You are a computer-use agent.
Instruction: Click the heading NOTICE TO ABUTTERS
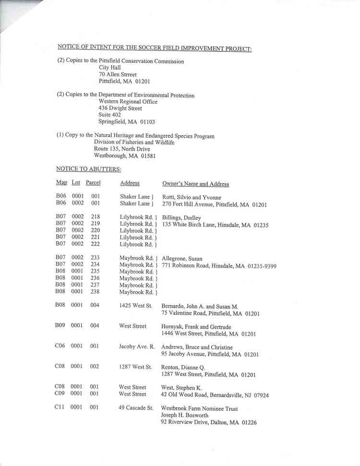[x=88, y=169]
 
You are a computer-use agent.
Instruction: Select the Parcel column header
[x=93, y=183]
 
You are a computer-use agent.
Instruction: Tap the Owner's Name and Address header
[x=195, y=183]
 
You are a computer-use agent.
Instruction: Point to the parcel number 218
[x=95, y=217]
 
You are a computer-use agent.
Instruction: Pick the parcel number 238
[x=95, y=291]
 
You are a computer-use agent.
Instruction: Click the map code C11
[x=59, y=407]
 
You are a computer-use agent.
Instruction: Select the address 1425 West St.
[x=135, y=305]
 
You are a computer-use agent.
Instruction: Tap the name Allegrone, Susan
[x=182, y=259]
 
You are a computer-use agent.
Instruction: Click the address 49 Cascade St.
[x=136, y=408]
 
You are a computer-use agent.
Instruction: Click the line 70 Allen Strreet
[x=118, y=74]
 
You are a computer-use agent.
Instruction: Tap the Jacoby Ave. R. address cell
[x=137, y=347]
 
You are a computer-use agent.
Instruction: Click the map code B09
[x=60, y=326]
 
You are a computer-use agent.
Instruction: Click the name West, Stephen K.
[x=181, y=388]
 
